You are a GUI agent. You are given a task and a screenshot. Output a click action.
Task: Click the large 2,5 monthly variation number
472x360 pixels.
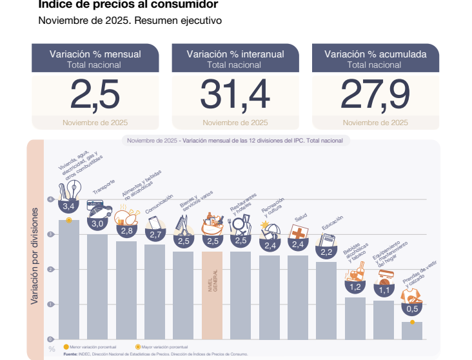coord(95,95)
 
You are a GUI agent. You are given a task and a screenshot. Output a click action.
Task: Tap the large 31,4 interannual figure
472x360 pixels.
coord(235,95)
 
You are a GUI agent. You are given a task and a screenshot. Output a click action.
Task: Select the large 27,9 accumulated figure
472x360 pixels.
coord(375,95)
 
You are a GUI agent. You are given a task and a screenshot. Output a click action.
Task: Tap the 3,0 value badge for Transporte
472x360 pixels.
coord(97,223)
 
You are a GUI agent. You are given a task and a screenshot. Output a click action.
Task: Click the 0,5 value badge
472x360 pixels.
coord(411,308)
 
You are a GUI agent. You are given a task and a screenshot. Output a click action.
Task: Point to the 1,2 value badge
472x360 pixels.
coord(355,286)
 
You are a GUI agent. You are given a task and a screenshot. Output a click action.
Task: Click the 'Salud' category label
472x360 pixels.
coord(300,219)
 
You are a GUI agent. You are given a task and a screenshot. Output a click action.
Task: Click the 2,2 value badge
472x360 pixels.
coord(326,252)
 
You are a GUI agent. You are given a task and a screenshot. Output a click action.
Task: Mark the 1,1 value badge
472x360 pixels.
coord(384,290)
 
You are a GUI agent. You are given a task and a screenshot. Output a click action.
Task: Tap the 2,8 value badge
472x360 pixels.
coord(126,230)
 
